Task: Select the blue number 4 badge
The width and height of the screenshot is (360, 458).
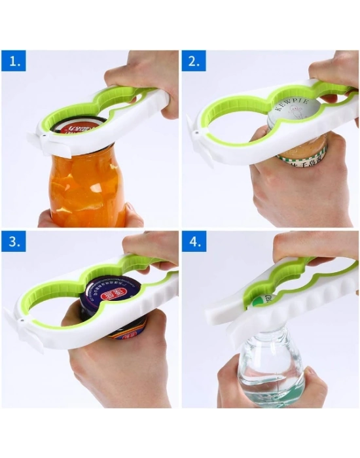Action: [x=194, y=243]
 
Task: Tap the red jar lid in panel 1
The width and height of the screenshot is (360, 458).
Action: [x=79, y=126]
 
